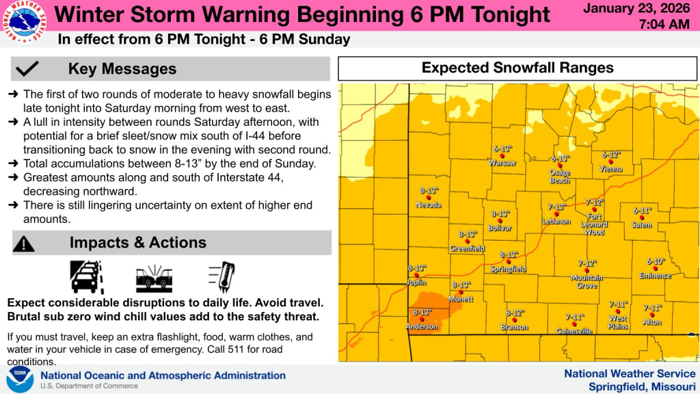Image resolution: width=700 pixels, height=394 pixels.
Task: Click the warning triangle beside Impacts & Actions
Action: [24, 243]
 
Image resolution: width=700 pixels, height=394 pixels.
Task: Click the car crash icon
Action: [154, 277]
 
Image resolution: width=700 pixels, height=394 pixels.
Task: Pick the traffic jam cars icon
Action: [87, 277]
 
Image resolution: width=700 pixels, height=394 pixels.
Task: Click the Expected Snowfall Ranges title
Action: [517, 68]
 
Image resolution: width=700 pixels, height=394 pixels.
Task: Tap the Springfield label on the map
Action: [509, 270]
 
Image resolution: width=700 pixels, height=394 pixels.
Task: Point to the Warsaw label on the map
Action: [502, 163]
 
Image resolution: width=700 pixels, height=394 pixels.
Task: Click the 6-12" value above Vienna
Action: [610, 155]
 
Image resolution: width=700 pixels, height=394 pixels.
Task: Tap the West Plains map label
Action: [618, 322]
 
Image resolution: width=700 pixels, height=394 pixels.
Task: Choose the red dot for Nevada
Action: [429, 198]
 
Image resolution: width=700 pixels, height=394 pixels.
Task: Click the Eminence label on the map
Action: [655, 276]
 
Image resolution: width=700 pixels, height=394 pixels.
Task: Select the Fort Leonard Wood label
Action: [594, 224]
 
